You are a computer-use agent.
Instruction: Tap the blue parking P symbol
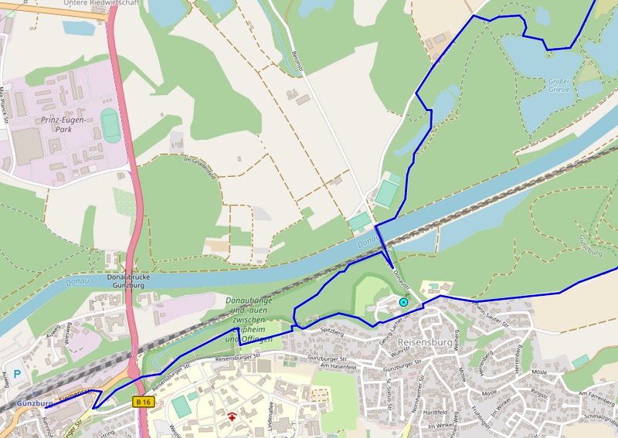pyautogui.click(x=17, y=362)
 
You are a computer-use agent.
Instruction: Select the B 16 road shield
pyautogui.click(x=143, y=402)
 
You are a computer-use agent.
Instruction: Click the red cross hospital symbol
pyautogui.click(x=233, y=417)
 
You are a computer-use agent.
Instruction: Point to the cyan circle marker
pyautogui.click(x=402, y=302)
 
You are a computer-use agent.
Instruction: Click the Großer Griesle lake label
pyautogui.click(x=558, y=85)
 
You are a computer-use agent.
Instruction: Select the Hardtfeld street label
pyautogui.click(x=436, y=412)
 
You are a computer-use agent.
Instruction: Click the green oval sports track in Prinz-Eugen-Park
pyautogui.click(x=110, y=124)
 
